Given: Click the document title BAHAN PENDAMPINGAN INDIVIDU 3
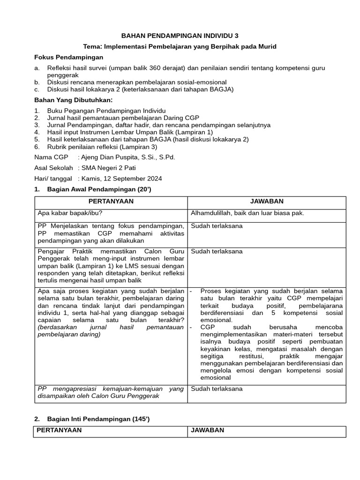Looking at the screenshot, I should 180,36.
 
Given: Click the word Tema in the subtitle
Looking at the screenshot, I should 91,46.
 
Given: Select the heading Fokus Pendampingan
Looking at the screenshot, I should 68,57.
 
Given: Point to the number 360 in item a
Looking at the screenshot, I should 158,68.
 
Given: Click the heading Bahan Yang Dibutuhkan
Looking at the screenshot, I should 74,100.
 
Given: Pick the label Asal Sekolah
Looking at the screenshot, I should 54,168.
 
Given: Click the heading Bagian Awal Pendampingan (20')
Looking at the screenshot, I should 99,189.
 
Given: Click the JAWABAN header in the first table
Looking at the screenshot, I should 267,202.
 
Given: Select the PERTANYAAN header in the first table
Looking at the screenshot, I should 111,202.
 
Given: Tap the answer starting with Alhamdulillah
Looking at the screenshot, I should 247,213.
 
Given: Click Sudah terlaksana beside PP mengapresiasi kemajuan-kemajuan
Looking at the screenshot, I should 217,389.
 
